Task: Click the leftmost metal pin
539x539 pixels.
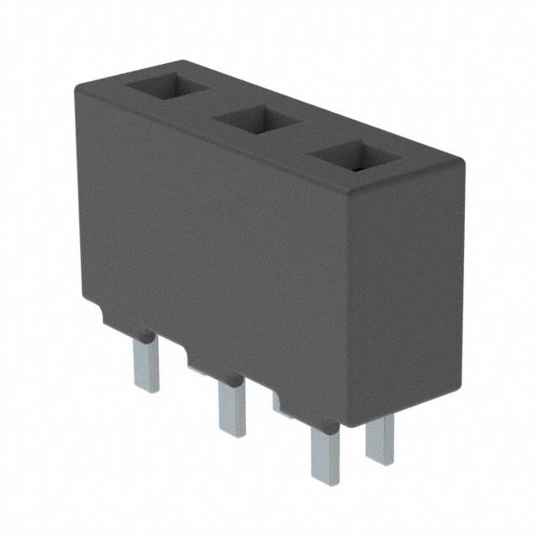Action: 146,362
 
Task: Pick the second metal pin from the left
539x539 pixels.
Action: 231,408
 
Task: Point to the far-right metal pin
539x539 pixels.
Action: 380,438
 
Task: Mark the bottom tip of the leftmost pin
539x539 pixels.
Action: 147,389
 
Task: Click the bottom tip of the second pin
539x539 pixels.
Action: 232,434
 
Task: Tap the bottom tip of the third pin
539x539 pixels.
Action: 325,481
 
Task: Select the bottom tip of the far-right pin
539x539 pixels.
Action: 380,462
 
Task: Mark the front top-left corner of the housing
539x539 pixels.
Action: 77,86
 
